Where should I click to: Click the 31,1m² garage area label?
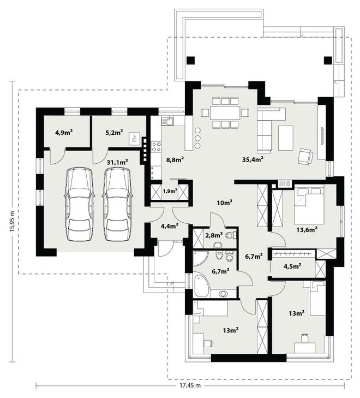[x=117, y=162]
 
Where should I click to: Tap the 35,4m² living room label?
[x=253, y=159]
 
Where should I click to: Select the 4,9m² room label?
[x=64, y=132]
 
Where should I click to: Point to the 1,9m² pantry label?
[x=170, y=191]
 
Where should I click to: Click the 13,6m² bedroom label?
[x=307, y=230]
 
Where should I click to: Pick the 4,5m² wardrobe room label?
[x=292, y=266]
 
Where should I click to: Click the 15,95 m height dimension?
[x=12, y=221]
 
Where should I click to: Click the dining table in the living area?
[x=225, y=113]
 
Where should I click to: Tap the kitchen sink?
[x=167, y=121]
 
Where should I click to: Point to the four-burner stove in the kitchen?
[x=156, y=147]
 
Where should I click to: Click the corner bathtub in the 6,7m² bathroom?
[x=202, y=286]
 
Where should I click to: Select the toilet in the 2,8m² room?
[x=231, y=235]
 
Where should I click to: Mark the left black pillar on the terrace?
[x=191, y=60]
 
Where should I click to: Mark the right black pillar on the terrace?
[x=328, y=60]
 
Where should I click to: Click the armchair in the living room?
[x=305, y=156]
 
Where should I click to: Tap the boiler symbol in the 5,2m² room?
[x=134, y=139]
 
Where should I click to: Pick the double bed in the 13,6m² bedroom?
[x=309, y=206]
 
